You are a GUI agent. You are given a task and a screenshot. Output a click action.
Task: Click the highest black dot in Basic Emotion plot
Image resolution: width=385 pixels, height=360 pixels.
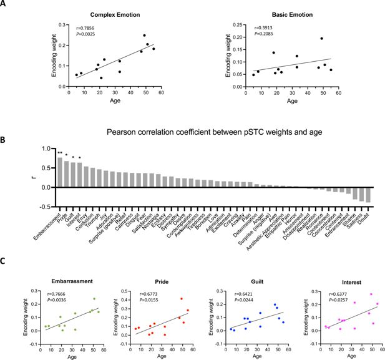[321, 39]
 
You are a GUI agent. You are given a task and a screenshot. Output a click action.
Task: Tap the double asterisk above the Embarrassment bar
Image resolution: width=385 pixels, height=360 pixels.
[59, 153]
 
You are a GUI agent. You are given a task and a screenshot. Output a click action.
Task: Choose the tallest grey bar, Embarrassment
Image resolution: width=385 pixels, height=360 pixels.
[59, 172]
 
